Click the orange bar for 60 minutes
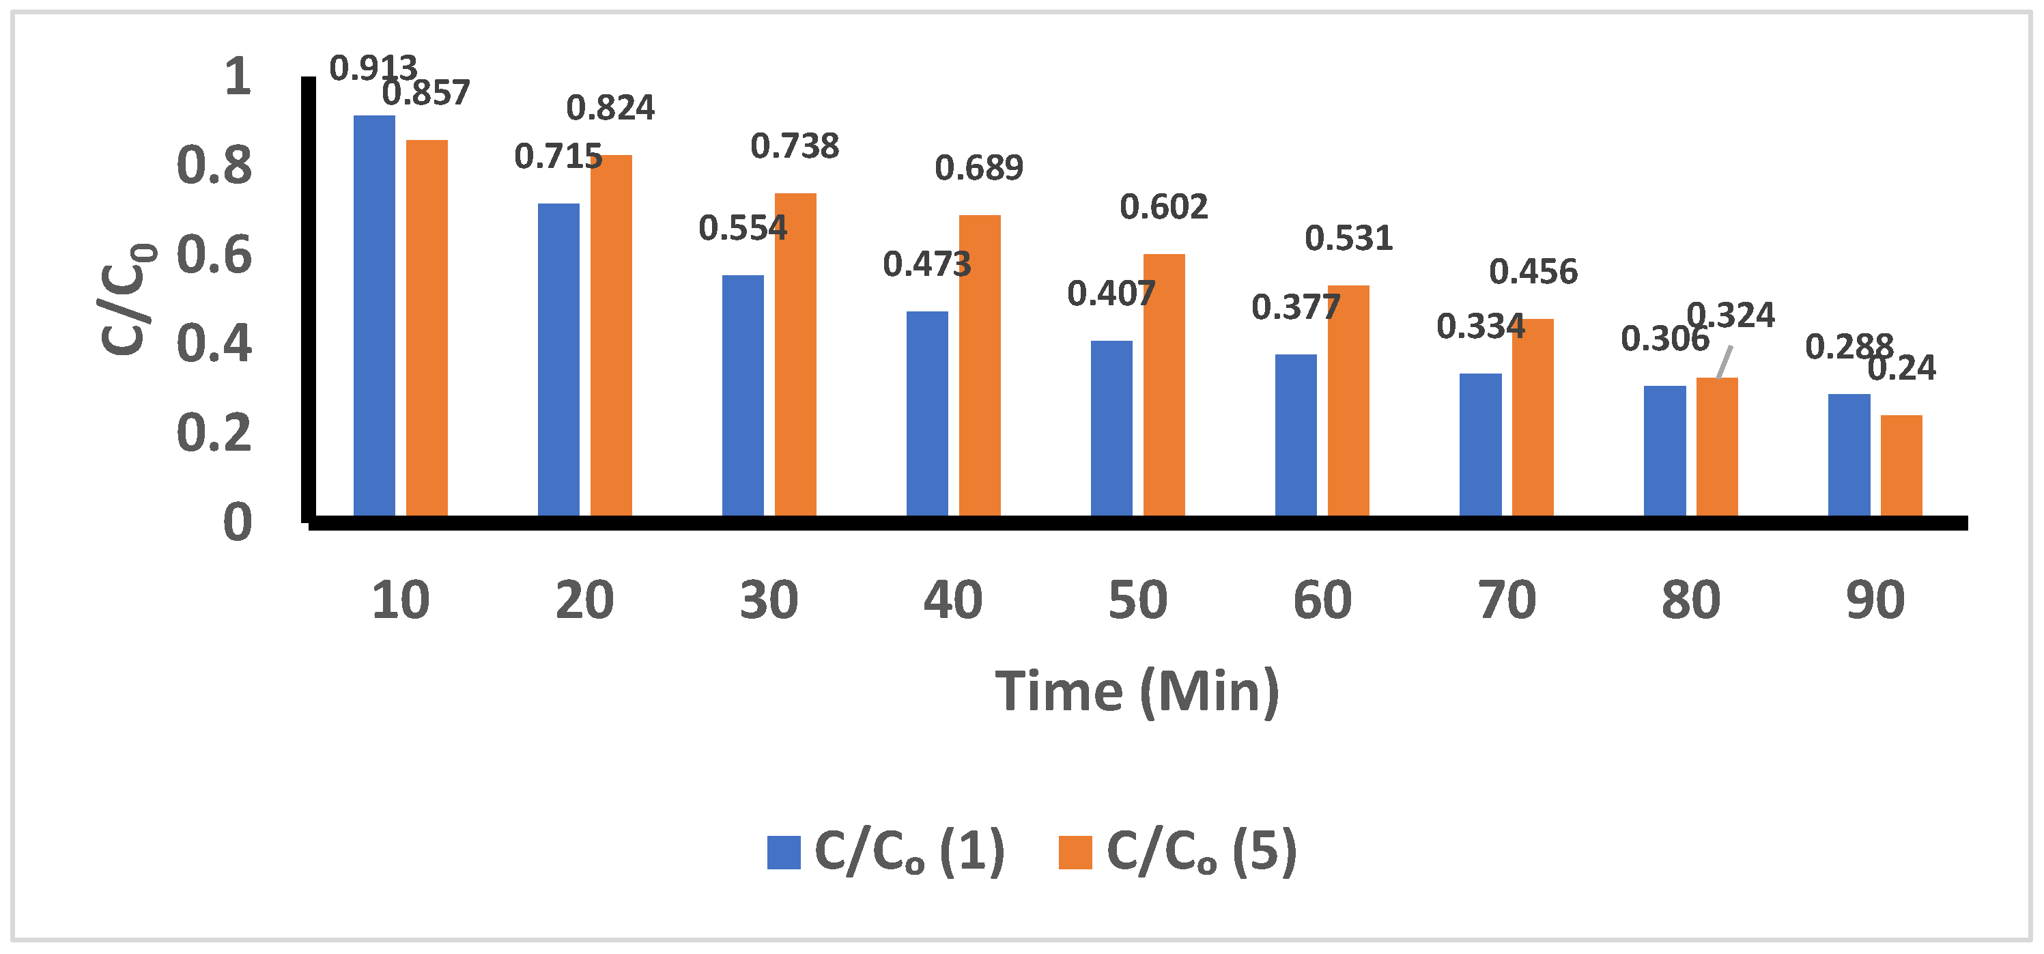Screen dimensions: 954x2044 coord(1348,400)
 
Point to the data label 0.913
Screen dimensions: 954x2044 coord(372,69)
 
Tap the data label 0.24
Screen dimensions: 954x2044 coord(1902,368)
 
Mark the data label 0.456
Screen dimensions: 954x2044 coord(1533,272)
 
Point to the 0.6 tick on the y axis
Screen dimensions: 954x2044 coord(214,255)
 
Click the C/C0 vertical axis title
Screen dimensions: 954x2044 coord(127,299)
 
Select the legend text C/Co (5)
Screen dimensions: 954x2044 coord(1201,852)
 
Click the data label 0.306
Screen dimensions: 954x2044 coord(1664,339)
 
